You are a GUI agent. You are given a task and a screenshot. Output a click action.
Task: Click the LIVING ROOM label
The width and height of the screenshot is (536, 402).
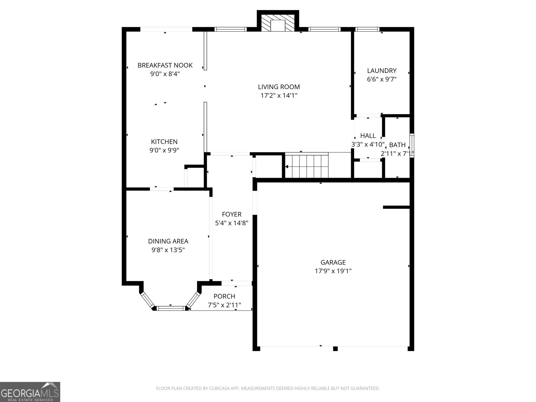tap(279, 87)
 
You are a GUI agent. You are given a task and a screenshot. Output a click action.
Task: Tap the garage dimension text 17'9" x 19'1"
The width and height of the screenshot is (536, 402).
tap(333, 271)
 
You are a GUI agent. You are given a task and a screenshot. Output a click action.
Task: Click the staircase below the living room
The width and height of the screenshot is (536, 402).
tap(306, 165)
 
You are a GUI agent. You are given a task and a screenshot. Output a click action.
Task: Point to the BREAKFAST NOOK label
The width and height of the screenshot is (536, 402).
tap(165, 65)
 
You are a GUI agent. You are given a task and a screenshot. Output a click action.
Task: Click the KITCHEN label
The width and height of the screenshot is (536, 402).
tap(164, 142)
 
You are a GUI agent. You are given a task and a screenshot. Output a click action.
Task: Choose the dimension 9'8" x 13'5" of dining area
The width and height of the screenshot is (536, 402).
tap(168, 250)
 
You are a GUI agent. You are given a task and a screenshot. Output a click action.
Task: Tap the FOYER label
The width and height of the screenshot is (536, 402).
tap(231, 214)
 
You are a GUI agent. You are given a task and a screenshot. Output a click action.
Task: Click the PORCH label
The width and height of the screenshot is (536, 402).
tap(224, 296)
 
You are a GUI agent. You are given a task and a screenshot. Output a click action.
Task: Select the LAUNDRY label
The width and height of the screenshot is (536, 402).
tap(382, 71)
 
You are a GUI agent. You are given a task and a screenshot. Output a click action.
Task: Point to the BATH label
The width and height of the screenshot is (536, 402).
tap(397, 145)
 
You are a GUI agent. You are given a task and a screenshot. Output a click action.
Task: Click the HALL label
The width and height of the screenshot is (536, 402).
tap(368, 136)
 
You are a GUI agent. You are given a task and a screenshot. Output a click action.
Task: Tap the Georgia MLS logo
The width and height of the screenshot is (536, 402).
tap(30, 392)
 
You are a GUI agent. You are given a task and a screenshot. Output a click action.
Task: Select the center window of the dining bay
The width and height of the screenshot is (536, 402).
tap(171, 308)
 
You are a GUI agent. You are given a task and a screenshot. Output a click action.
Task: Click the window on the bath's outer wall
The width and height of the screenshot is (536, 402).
tap(412, 145)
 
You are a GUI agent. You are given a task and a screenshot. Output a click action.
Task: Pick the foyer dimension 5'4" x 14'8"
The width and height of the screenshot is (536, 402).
tap(231, 223)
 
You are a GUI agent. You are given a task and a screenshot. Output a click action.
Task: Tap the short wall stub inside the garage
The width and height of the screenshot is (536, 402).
tap(396, 207)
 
